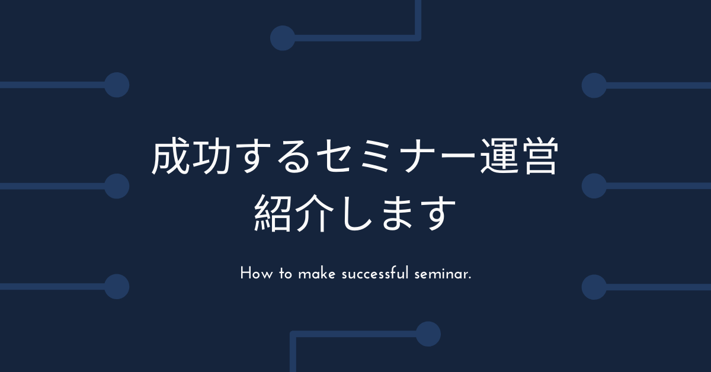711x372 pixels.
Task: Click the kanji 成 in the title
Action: pyautogui.click(x=171, y=156)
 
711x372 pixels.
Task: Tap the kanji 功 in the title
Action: pyautogui.click(x=212, y=156)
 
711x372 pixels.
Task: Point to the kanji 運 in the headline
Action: pyautogui.click(x=499, y=156)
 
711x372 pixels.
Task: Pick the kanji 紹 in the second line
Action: pyautogui.click(x=273, y=213)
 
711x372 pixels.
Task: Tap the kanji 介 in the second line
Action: pyautogui.click(x=314, y=213)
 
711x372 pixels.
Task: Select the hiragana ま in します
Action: pyautogui.click(x=398, y=213)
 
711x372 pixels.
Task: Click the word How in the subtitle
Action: pyautogui.click(x=256, y=273)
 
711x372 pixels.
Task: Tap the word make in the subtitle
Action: pyautogui.click(x=316, y=273)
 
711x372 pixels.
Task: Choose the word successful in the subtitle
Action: pyautogui.click(x=375, y=273)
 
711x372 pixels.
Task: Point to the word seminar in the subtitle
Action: pyautogui.click(x=441, y=274)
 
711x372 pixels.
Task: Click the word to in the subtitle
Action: pyautogui.click(x=286, y=274)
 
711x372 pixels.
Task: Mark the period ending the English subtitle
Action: pyautogui.click(x=470, y=278)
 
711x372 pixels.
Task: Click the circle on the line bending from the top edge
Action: pyautogui.click(x=283, y=38)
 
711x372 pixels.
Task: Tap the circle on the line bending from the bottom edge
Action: pyautogui.click(x=428, y=334)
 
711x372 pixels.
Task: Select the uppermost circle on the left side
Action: pyautogui.click(x=117, y=85)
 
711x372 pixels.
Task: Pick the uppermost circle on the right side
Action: pyautogui.click(x=594, y=85)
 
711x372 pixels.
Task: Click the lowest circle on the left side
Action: pyautogui.click(x=117, y=287)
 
